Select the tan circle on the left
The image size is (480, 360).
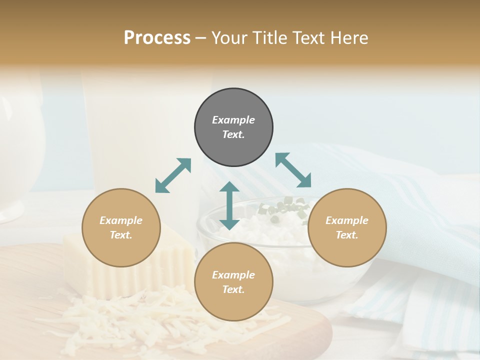click(121, 227)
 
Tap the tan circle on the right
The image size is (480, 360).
click(347, 227)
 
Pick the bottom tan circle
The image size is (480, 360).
click(233, 282)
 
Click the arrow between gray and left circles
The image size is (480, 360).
click(173, 175)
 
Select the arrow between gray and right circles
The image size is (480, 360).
click(293, 170)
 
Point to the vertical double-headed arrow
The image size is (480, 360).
click(229, 205)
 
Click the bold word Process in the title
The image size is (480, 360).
click(157, 37)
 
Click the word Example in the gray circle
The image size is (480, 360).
click(233, 120)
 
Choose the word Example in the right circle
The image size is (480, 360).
click(347, 220)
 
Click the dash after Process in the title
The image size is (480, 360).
click(201, 38)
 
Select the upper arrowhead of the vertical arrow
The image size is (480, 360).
click(229, 187)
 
